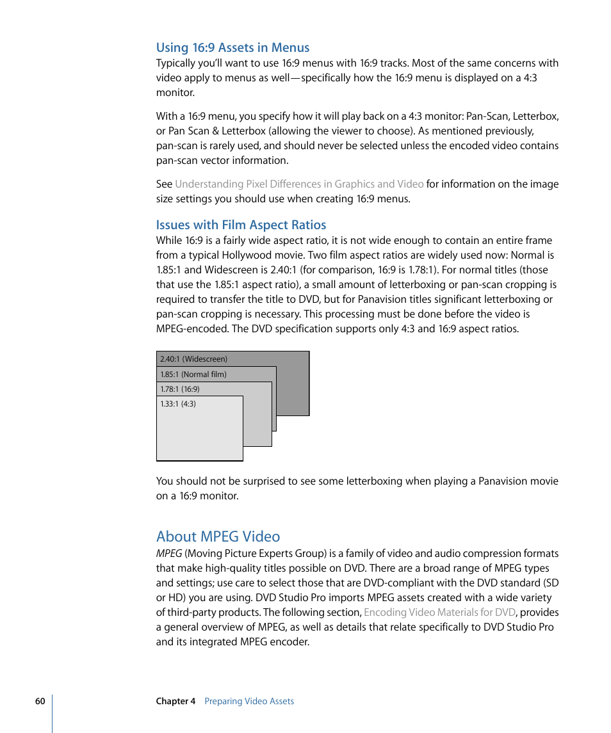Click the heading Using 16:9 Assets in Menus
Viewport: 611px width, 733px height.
pos(232,47)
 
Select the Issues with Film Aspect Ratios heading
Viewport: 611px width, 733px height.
pos(241,225)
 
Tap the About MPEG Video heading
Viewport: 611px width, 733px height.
pos(218,536)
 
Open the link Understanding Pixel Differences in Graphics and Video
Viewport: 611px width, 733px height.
pos(299,184)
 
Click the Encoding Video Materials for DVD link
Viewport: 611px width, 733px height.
pos(439,612)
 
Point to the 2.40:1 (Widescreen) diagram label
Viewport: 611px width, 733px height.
pos(193,359)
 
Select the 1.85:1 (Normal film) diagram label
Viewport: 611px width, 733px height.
pos(193,375)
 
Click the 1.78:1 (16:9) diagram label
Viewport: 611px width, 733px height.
pos(179,389)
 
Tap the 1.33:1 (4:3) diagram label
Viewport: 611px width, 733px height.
pos(177,404)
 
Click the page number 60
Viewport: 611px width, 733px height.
pos(40,701)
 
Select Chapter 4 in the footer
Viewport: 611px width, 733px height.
pos(175,701)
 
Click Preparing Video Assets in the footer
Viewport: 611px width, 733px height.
pos(248,701)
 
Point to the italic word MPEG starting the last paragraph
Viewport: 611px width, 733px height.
pos(168,553)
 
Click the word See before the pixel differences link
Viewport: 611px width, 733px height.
pos(164,184)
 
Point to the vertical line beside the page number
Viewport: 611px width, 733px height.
pos(52,713)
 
